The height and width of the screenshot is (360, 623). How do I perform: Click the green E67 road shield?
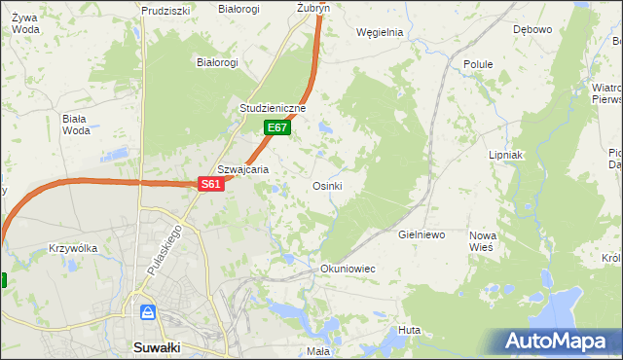277,127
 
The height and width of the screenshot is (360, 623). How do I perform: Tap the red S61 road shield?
212,184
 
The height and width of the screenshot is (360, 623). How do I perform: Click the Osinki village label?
327,186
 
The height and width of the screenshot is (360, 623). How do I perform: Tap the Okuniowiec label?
348,268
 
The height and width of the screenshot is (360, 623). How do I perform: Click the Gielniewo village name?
421,234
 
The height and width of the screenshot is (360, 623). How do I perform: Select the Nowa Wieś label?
483,242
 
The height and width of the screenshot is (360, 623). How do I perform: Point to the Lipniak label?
506,155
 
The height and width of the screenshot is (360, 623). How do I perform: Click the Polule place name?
478,64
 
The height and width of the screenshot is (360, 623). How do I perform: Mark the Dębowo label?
532,29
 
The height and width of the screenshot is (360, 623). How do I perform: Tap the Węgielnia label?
380,31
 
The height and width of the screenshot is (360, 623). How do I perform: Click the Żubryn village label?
313,7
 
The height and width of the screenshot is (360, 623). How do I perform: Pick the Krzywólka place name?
73,248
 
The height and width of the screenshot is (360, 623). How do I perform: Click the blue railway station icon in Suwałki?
147,312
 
